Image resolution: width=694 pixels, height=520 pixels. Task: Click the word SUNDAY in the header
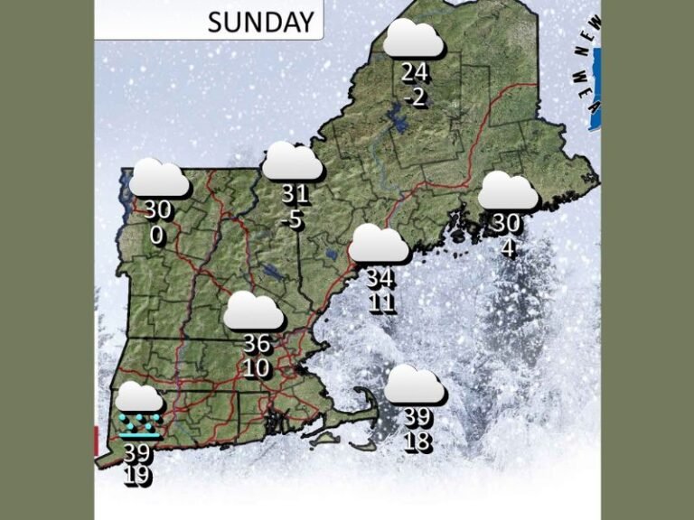[x=261, y=22]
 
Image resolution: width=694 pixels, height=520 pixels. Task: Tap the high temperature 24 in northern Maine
[x=414, y=75]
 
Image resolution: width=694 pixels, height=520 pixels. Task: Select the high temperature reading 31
[x=295, y=194]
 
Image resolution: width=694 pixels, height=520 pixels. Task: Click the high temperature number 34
[x=380, y=279]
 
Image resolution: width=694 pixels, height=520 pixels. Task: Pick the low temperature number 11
[x=381, y=302]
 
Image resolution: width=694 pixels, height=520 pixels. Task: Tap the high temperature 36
[x=257, y=344]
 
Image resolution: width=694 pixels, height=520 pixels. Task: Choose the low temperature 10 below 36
[x=257, y=367]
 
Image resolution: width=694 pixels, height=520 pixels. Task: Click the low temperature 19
[x=137, y=476]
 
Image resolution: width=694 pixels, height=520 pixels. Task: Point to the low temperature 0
[x=157, y=235]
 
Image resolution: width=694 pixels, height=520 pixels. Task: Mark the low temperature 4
[x=508, y=245]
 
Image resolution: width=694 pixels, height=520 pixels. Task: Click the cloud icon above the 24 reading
[x=414, y=39]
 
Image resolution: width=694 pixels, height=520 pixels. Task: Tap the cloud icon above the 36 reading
[x=254, y=311]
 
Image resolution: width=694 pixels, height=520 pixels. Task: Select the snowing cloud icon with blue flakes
[x=140, y=407]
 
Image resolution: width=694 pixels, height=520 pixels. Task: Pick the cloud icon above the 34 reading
[x=380, y=245]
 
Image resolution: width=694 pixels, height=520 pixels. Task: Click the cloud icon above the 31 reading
[x=292, y=161]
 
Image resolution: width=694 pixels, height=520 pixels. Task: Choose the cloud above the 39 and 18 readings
[x=415, y=385]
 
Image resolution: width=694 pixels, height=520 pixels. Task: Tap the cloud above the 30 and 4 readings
[x=508, y=191]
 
